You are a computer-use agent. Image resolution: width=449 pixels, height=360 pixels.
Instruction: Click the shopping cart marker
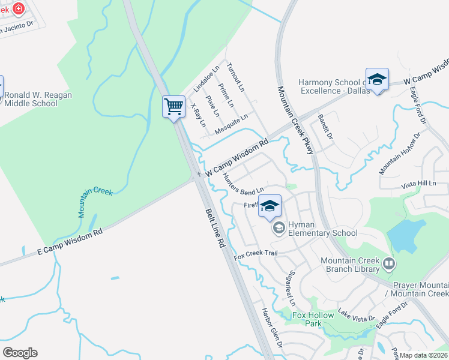pyautogui.click(x=173, y=107)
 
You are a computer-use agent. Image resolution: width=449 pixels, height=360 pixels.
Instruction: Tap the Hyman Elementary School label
pyautogui.click(x=322, y=229)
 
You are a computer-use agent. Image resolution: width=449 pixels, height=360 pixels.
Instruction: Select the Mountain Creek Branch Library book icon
pyautogui.click(x=389, y=263)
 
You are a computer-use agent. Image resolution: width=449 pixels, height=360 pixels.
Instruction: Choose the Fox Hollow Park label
pyautogui.click(x=312, y=319)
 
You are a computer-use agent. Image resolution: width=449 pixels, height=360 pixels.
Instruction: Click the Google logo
pyautogui.click(x=20, y=353)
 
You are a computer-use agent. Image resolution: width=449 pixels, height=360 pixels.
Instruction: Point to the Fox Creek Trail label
pyautogui.click(x=256, y=253)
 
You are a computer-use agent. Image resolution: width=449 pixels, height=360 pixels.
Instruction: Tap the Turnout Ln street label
pyautogui.click(x=236, y=79)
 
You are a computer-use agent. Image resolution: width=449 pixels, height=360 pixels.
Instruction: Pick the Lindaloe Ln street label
pyautogui.click(x=206, y=80)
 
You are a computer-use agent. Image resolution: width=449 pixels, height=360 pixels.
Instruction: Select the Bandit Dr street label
pyautogui.click(x=325, y=126)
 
